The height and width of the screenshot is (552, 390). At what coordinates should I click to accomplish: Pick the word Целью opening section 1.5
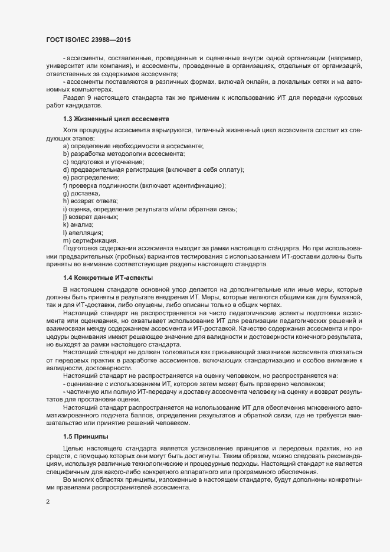click(74, 450)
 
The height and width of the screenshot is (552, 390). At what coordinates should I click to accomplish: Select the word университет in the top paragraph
click(65, 66)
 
